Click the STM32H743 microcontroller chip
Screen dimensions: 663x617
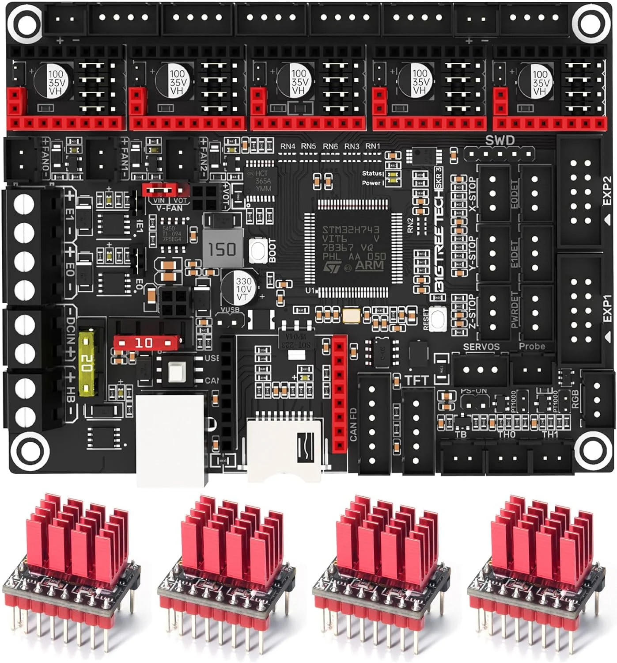tap(353, 248)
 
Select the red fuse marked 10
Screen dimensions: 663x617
tap(146, 343)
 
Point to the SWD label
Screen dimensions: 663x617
tap(500, 141)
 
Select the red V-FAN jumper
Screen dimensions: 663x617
tap(164, 191)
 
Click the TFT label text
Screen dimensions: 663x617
tap(416, 380)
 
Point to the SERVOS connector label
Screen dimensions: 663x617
tap(481, 347)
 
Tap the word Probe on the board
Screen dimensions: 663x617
tap(532, 347)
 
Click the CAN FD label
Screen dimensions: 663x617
tap(353, 424)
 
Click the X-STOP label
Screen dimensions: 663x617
tap(472, 194)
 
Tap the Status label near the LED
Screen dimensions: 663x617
tap(371, 173)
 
